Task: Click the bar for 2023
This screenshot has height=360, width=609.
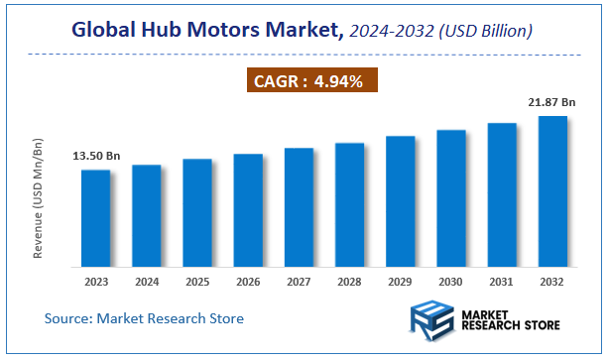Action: click(x=95, y=218)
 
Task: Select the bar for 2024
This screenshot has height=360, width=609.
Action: click(x=146, y=215)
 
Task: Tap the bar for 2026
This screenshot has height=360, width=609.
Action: click(x=248, y=210)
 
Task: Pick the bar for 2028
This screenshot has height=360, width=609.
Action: click(x=349, y=204)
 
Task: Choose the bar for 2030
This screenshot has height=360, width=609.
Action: click(x=451, y=198)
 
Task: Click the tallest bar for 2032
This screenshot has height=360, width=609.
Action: click(x=552, y=191)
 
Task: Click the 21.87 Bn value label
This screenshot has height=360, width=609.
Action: click(x=551, y=102)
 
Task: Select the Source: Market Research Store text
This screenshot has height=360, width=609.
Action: click(x=144, y=318)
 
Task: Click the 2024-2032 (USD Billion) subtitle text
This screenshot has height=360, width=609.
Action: click(x=439, y=33)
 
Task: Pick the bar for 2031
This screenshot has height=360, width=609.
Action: click(x=502, y=194)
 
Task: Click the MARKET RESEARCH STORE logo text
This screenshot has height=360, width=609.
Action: click(x=510, y=320)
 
